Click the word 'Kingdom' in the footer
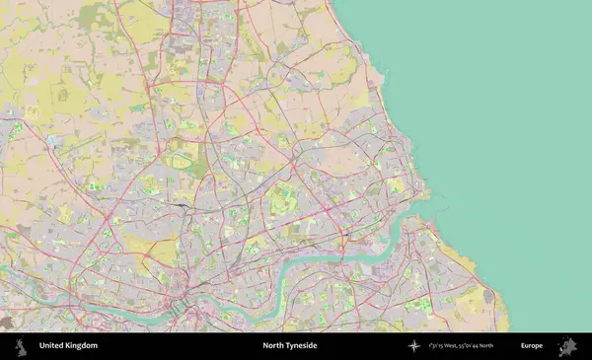point(83,346)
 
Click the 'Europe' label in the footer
point(532,346)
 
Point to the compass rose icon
point(414,346)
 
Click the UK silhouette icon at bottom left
point(19,346)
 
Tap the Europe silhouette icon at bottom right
point(568,346)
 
